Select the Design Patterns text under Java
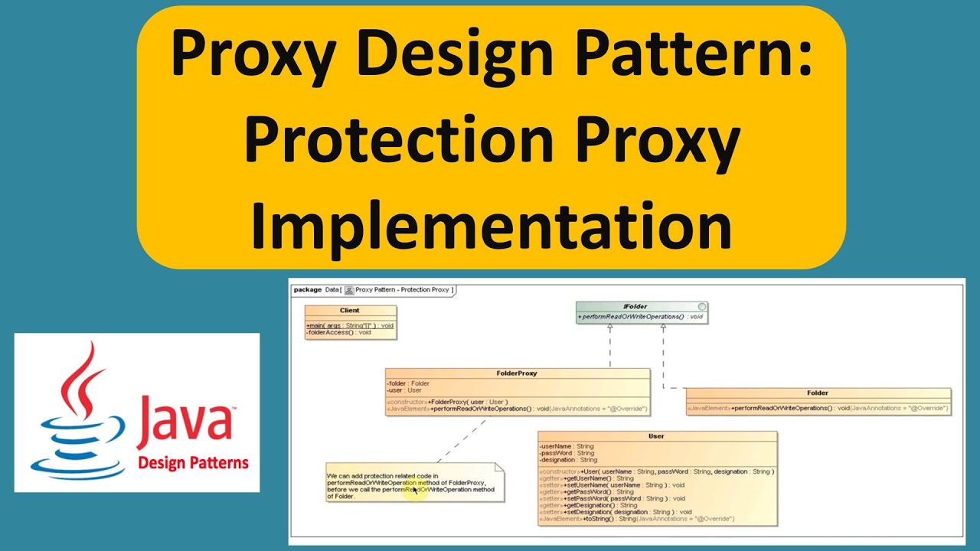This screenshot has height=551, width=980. (x=193, y=462)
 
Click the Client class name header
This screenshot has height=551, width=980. (x=350, y=311)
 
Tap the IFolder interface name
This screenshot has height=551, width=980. (x=635, y=306)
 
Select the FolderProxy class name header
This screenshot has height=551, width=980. (x=517, y=373)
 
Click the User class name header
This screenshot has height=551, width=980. (x=656, y=436)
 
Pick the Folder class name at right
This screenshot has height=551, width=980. (x=818, y=393)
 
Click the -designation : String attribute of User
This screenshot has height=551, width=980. (x=568, y=460)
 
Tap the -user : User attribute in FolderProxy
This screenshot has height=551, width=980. (x=405, y=390)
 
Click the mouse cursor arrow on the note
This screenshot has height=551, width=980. (x=416, y=491)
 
